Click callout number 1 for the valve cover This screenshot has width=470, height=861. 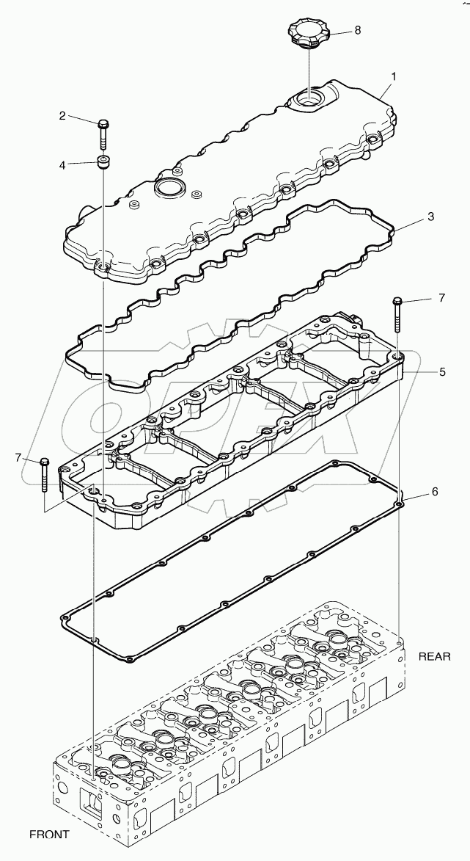pyautogui.click(x=394, y=76)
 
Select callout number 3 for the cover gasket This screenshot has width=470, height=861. pyautogui.click(x=432, y=217)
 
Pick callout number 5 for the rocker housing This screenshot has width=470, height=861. pyautogui.click(x=443, y=372)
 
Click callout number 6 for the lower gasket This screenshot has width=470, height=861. pyautogui.click(x=434, y=491)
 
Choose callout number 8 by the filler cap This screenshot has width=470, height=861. pyautogui.click(x=357, y=30)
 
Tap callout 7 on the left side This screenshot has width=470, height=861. pyautogui.click(x=18, y=458)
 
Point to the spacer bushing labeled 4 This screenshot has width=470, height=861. pyautogui.click(x=103, y=162)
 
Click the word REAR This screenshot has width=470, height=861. pyautogui.click(x=434, y=655)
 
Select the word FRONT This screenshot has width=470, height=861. pyautogui.click(x=49, y=834)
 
